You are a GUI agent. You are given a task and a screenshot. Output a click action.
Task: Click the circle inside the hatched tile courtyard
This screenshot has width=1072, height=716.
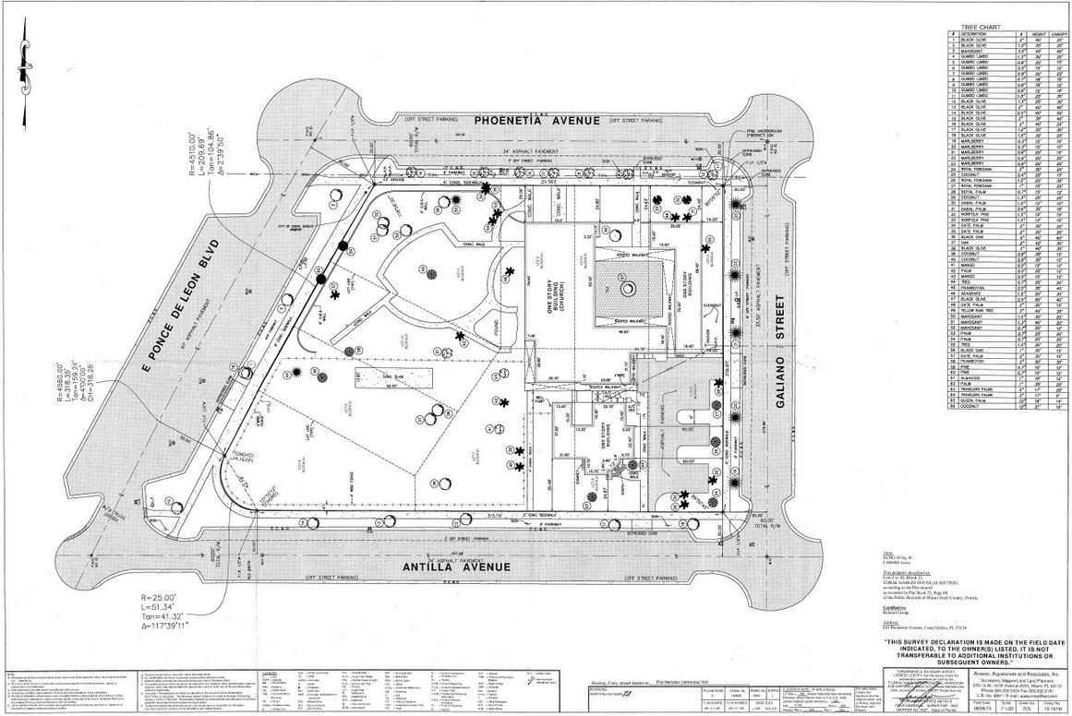click(x=627, y=289)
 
